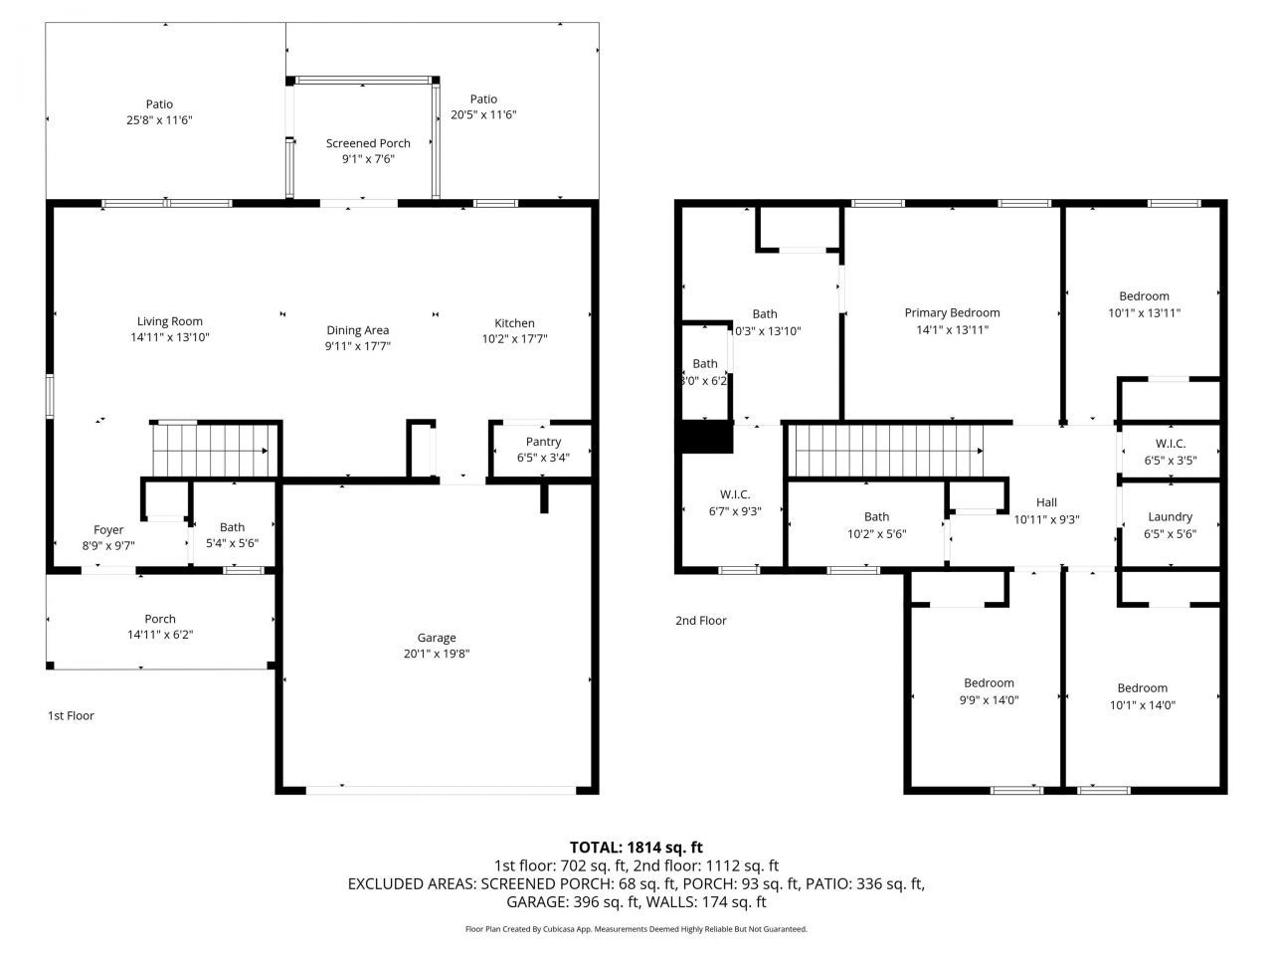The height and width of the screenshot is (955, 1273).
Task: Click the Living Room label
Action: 169,321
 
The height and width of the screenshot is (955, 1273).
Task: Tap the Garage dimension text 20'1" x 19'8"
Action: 436,654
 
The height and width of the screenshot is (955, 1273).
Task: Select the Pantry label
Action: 543,442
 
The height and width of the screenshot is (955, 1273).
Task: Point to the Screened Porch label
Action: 368,143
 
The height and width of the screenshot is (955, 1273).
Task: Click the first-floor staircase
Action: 210,450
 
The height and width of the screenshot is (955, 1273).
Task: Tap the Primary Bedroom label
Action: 952,312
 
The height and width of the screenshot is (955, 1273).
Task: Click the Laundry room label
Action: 1170,516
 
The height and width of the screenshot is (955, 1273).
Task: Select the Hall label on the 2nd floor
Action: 1046,502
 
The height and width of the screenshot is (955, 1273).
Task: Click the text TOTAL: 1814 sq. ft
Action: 636,848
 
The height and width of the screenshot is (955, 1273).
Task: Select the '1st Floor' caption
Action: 71,715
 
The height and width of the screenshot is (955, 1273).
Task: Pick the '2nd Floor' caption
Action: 700,620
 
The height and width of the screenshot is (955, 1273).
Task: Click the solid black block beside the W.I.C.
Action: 704,438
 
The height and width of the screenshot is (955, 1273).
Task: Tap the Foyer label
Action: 108,529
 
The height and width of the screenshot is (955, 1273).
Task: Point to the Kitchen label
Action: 514,322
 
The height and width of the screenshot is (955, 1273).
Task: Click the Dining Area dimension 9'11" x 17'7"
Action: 358,346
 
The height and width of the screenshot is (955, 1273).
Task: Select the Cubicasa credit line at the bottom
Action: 636,929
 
